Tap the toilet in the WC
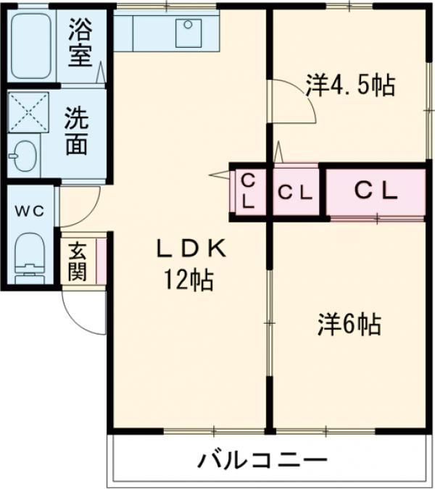click(30, 256)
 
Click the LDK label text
click(192, 248)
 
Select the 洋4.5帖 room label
click(349, 85)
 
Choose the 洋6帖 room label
click(349, 324)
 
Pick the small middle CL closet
click(296, 192)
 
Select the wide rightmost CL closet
click(375, 191)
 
